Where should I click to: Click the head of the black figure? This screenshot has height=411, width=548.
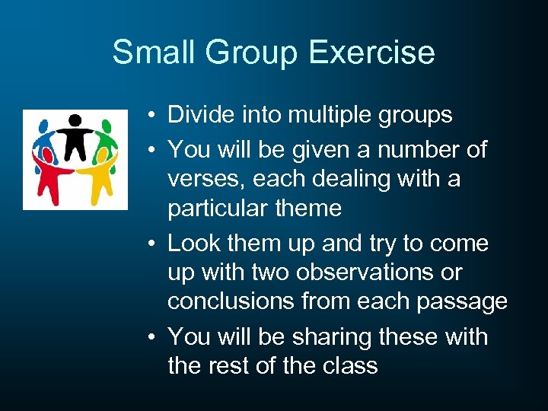point(75,119)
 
